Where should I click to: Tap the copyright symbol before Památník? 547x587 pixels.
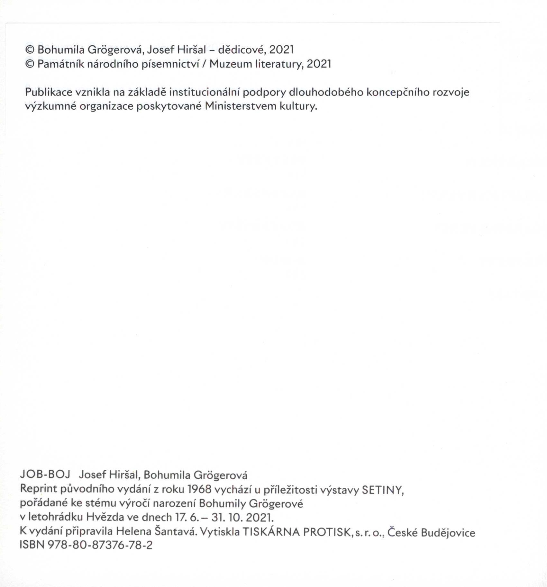tap(30, 64)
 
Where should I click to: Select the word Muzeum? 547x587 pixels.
tap(231, 64)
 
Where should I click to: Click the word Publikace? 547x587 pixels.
tap(49, 93)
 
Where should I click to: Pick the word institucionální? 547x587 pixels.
tap(205, 93)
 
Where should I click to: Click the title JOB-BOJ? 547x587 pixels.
tap(45, 474)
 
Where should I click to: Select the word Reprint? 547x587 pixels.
tap(39, 489)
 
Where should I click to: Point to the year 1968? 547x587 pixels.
tap(199, 489)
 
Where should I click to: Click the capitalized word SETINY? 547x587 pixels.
tap(382, 490)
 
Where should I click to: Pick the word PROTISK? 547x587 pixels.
tap(327, 532)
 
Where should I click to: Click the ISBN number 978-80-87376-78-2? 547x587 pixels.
tap(100, 545)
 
